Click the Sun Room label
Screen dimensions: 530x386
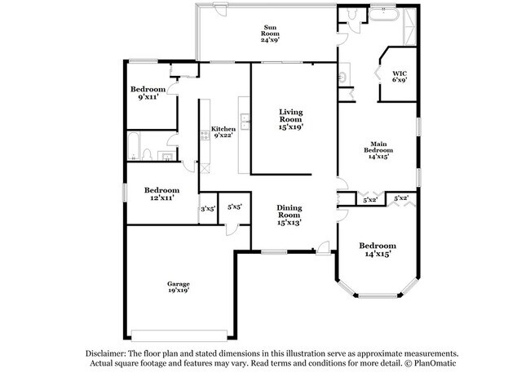click(x=270, y=33)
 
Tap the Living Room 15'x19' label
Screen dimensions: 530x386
click(x=291, y=119)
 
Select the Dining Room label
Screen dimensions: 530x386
click(x=289, y=215)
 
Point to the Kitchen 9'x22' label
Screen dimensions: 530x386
click(x=223, y=132)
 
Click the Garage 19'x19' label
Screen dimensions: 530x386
click(x=178, y=287)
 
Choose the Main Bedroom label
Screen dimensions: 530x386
click(x=378, y=150)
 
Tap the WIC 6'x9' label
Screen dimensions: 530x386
click(x=400, y=77)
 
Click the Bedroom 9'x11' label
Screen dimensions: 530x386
click(x=148, y=93)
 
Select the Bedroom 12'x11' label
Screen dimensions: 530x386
click(x=162, y=194)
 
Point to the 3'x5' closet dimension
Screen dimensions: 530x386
click(x=208, y=209)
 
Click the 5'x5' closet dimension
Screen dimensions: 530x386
click(x=235, y=206)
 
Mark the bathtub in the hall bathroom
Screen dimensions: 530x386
click(x=133, y=146)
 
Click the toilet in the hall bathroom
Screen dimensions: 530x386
click(x=147, y=155)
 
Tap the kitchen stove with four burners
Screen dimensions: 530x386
click(x=205, y=135)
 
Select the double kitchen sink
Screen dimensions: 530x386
click(x=245, y=122)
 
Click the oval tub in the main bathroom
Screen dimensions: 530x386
click(x=384, y=15)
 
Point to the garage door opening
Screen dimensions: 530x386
click(x=179, y=335)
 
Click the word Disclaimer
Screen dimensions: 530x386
click(x=106, y=354)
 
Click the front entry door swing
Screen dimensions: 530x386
click(x=324, y=247)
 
